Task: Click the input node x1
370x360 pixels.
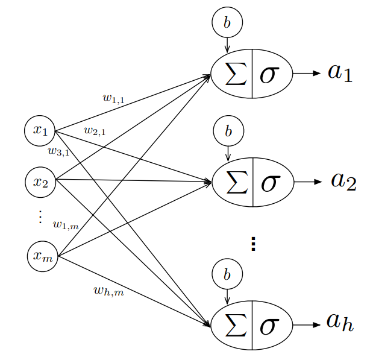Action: click(x=40, y=130)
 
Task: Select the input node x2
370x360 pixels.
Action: click(x=41, y=181)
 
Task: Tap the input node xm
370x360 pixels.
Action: click(x=43, y=256)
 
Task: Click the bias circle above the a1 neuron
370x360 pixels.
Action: click(x=227, y=23)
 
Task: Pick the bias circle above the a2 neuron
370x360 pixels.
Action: click(x=228, y=130)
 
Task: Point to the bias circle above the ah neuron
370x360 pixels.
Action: click(x=227, y=275)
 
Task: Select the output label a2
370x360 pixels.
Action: click(x=343, y=180)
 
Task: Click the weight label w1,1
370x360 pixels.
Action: click(x=113, y=97)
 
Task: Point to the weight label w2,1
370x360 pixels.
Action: click(x=95, y=130)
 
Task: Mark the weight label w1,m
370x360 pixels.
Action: click(x=66, y=225)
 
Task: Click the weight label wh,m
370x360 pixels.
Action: click(x=108, y=291)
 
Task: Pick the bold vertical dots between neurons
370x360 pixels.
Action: click(x=253, y=243)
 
